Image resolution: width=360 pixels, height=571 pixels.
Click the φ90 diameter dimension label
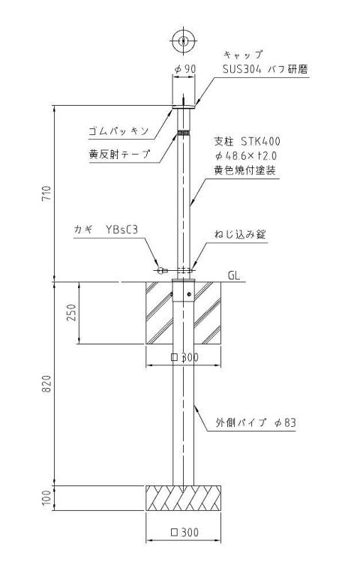tap(185, 69)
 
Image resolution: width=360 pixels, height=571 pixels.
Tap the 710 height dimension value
tap(47, 194)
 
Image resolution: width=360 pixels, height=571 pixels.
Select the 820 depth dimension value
tap(47, 384)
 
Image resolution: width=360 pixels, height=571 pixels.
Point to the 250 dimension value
tap(72, 312)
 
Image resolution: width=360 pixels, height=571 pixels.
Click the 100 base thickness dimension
tap(47, 498)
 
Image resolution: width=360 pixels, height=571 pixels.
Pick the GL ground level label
tap(234, 275)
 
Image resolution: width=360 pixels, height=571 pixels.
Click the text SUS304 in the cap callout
tap(242, 69)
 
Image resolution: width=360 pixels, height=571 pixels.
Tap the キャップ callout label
tap(243, 55)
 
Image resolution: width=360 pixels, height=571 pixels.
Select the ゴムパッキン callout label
tap(118, 131)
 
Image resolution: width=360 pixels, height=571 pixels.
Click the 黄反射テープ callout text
tap(119, 154)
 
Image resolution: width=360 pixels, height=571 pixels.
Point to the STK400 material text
tap(261, 141)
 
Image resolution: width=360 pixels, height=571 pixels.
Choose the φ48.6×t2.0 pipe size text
tap(246, 156)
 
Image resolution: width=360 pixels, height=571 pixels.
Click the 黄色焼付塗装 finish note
tap(244, 170)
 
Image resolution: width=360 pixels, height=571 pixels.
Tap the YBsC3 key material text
tap(122, 230)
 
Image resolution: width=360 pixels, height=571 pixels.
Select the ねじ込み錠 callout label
tap(240, 234)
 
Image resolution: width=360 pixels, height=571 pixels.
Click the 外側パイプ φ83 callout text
tap(256, 422)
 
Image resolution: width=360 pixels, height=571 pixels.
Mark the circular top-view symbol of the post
tap(184, 40)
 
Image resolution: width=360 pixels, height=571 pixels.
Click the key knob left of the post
tap(160, 270)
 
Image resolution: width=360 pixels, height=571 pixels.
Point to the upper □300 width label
tap(184, 357)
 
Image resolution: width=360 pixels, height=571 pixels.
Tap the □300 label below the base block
tap(184, 533)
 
